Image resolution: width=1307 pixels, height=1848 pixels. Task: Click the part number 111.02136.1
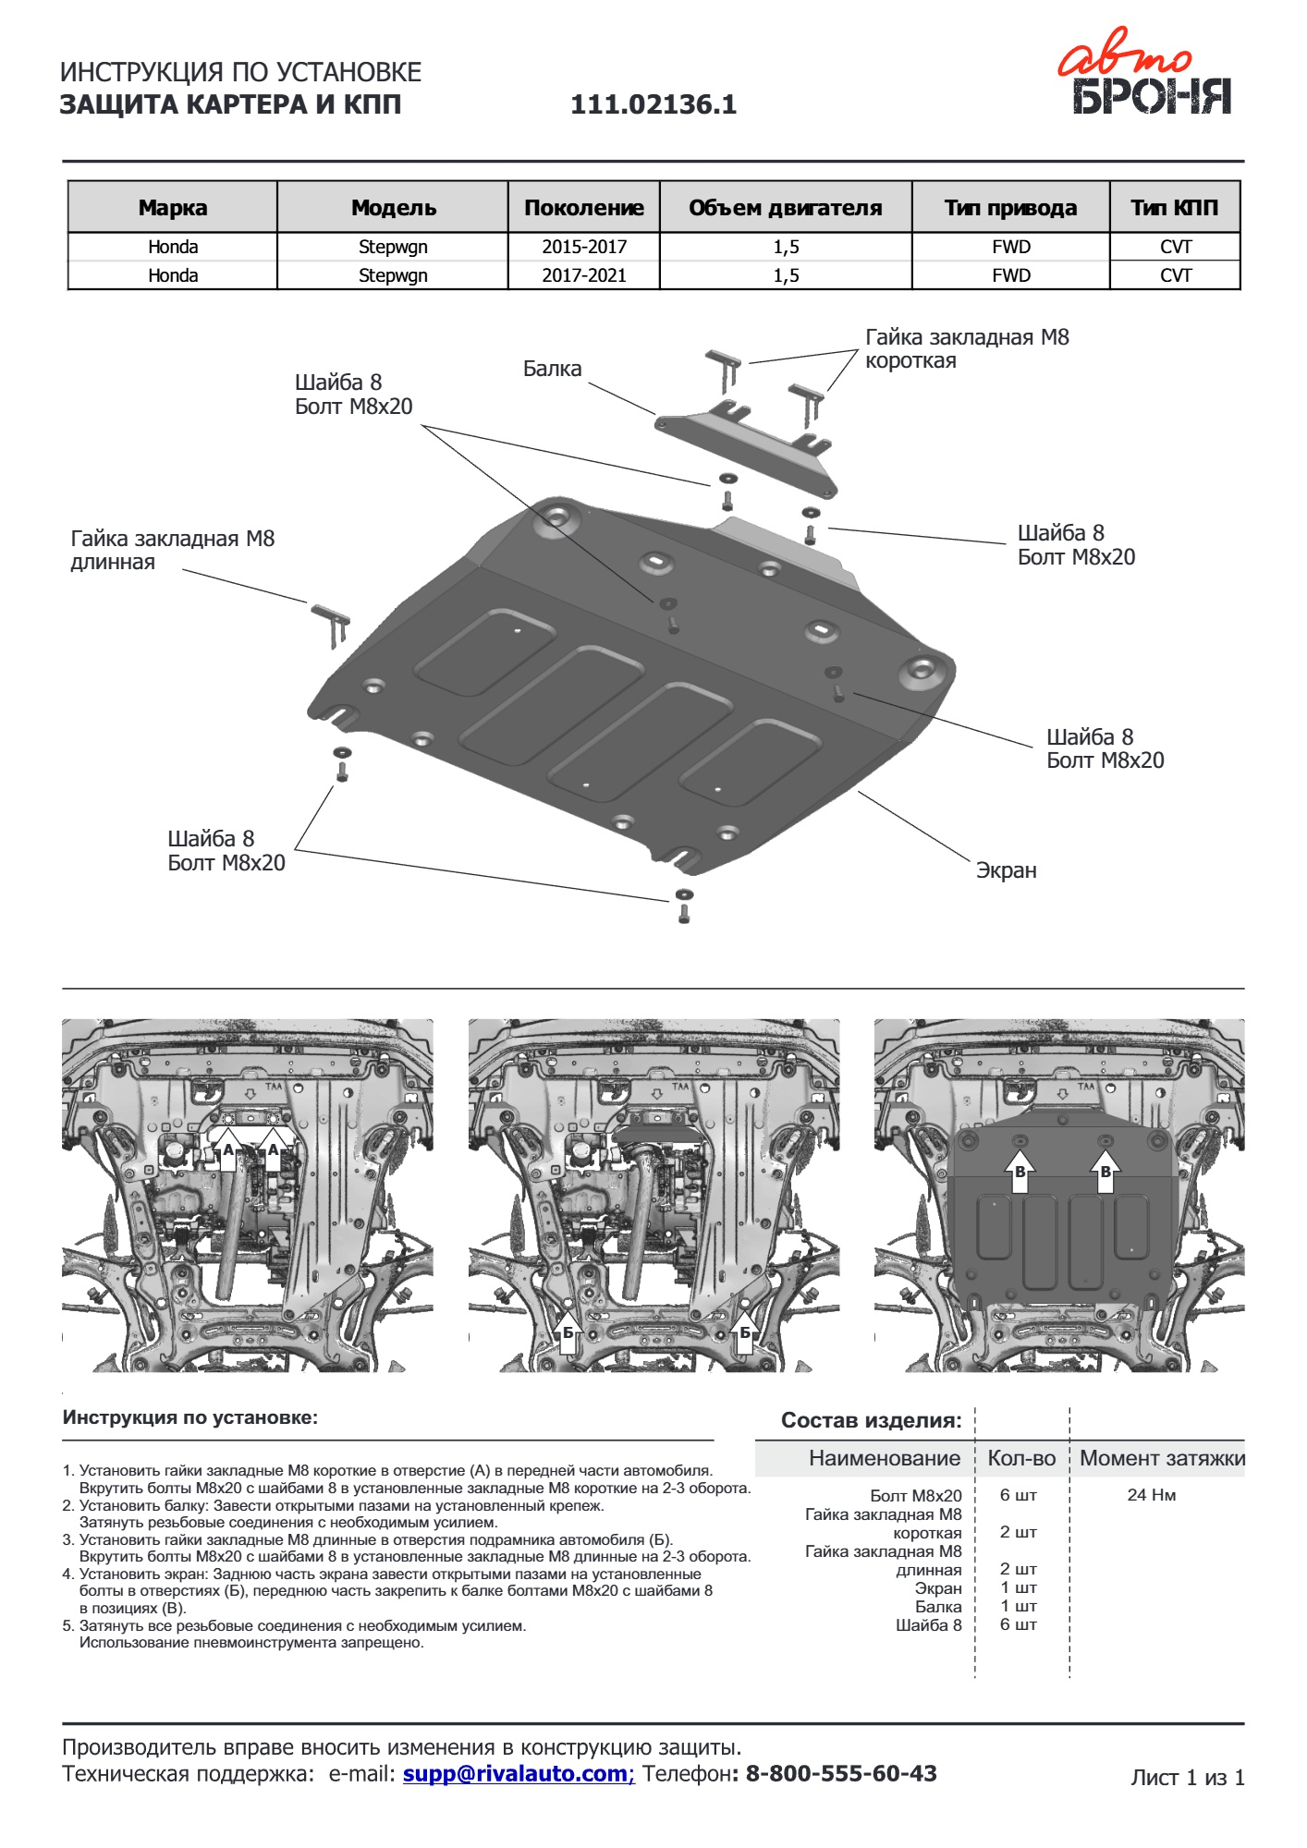pyautogui.click(x=653, y=104)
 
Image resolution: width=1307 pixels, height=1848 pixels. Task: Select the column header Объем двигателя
pyautogui.click(x=785, y=208)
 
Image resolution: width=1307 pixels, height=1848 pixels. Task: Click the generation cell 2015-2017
pyautogui.click(x=584, y=247)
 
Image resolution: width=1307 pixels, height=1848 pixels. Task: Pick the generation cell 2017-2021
pyautogui.click(x=584, y=275)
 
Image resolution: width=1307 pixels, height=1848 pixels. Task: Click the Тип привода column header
pyautogui.click(x=1010, y=208)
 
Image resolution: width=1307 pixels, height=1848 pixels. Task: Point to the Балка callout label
pyautogui.click(x=552, y=369)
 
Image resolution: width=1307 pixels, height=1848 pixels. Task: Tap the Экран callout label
pyautogui.click(x=1006, y=870)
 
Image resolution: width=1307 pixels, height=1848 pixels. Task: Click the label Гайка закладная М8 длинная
pyautogui.click(x=172, y=550)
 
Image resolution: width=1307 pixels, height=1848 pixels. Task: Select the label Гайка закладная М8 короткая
pyautogui.click(x=966, y=348)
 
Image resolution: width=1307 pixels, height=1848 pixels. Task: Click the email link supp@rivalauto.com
pyautogui.click(x=518, y=1773)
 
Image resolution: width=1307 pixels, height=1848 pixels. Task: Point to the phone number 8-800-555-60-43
pyautogui.click(x=840, y=1773)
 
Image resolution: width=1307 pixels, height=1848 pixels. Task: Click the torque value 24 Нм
pyautogui.click(x=1151, y=1495)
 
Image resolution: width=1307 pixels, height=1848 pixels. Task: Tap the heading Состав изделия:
pyautogui.click(x=871, y=1420)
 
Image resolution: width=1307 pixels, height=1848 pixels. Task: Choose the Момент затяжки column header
pyautogui.click(x=1162, y=1458)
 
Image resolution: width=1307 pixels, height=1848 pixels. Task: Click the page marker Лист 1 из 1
pyautogui.click(x=1187, y=1777)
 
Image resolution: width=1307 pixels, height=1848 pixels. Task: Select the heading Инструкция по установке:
pyautogui.click(x=189, y=1417)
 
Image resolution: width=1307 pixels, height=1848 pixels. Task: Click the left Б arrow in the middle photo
pyautogui.click(x=568, y=1332)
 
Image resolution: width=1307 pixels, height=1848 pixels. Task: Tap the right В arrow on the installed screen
pyautogui.click(x=1105, y=1172)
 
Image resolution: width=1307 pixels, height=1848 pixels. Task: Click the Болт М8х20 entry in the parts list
pyautogui.click(x=915, y=1495)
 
